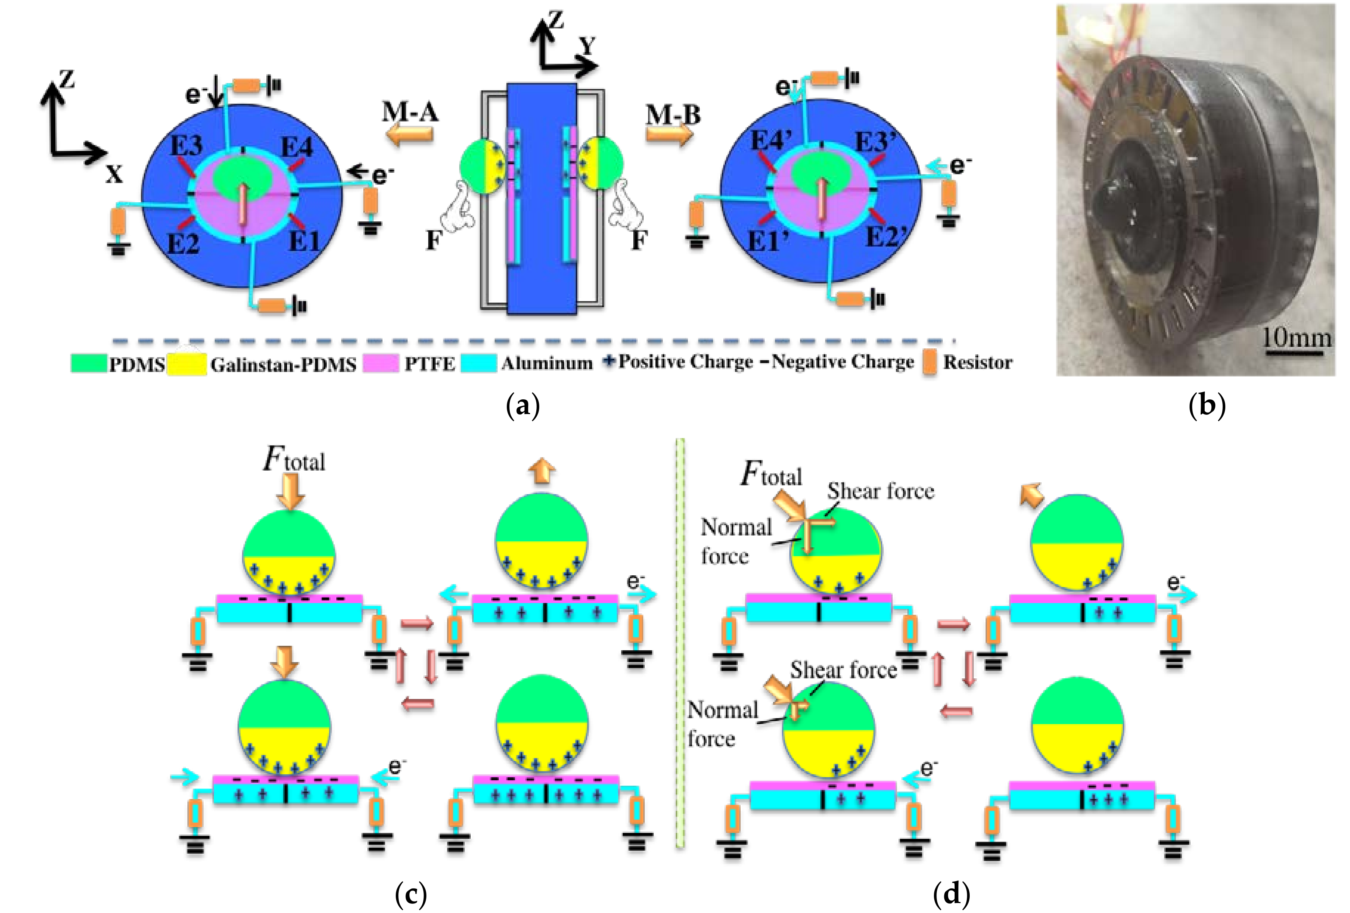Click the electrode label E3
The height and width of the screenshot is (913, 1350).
186,145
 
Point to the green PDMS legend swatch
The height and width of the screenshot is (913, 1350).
88,363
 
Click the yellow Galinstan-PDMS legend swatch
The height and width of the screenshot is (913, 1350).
187,364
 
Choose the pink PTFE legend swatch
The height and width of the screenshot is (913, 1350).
381,363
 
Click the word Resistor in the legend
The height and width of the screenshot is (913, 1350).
978,363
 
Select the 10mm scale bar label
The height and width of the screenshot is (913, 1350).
1297,337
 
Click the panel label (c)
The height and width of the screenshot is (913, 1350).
411,893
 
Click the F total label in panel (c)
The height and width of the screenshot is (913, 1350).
293,460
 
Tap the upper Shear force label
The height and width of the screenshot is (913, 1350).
881,491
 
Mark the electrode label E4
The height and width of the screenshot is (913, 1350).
297,148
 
